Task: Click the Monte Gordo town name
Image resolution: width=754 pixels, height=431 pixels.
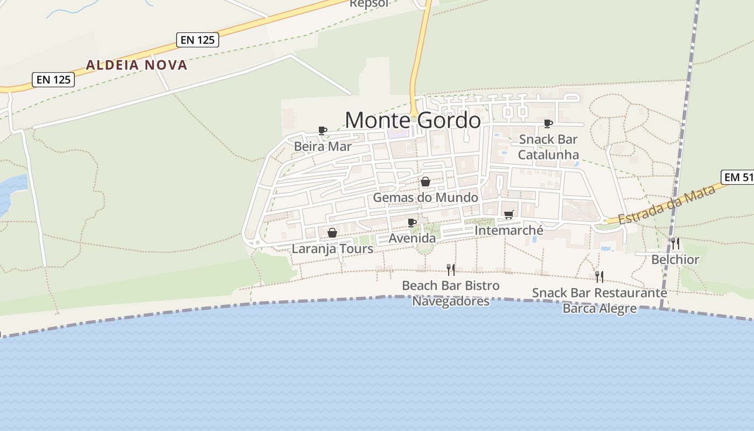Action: (413, 120)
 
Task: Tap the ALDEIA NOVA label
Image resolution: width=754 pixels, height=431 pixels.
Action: (137, 65)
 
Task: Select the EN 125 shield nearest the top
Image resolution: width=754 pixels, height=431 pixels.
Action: (197, 39)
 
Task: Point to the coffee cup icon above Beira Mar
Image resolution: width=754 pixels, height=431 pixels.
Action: (323, 130)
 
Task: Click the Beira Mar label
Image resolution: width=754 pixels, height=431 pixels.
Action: (323, 147)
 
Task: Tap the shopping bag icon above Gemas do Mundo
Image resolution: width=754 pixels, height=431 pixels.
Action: (425, 182)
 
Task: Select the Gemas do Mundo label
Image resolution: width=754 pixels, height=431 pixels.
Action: (425, 198)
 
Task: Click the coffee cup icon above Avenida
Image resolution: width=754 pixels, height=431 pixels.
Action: (412, 223)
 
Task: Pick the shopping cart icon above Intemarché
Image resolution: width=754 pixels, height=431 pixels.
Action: (509, 215)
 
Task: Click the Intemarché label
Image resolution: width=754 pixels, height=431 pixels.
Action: (509, 231)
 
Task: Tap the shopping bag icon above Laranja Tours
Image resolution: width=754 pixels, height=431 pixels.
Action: (332, 233)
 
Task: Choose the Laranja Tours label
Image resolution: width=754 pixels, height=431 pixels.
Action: (332, 249)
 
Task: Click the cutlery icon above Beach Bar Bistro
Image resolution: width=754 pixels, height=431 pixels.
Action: (451, 269)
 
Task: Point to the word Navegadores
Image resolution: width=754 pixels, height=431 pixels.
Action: (451, 301)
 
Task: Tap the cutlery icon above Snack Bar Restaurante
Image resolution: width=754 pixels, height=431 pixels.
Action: (599, 277)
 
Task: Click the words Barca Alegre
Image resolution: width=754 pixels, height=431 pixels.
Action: (599, 309)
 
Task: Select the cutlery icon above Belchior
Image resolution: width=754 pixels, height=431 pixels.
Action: (675, 244)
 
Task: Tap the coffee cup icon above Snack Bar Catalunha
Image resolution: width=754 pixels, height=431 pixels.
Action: (548, 123)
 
